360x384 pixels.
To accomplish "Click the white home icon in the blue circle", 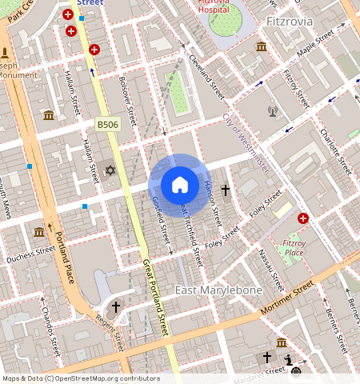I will [180, 185].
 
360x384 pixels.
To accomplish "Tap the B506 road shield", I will [107, 125].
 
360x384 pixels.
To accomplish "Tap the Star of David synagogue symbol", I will [110, 170].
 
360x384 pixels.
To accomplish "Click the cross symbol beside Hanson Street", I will [226, 190].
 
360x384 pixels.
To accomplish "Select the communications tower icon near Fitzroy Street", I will [273, 111].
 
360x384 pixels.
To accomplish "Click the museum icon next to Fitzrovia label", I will [261, 46].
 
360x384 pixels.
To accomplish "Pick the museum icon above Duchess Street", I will [39, 232].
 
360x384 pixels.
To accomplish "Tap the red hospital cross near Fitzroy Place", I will [303, 218].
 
